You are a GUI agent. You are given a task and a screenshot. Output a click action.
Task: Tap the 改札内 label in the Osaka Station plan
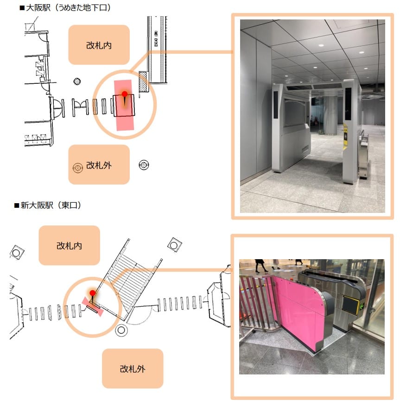[99, 45]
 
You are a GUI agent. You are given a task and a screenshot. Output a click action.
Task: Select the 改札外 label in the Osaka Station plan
[99, 165]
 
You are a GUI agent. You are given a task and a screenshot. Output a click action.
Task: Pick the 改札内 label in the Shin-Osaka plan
[69, 246]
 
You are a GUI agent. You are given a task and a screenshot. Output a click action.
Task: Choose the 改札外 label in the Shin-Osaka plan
[133, 369]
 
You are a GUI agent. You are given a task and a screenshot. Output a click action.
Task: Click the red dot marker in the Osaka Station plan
[125, 94]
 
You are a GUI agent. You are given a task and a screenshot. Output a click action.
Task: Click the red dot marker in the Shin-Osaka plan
[92, 293]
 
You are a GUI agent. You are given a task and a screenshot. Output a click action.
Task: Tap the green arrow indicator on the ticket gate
[362, 306]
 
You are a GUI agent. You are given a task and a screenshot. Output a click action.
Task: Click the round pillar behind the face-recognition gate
[330, 115]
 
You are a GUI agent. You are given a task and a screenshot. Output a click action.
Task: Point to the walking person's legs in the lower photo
[260, 266]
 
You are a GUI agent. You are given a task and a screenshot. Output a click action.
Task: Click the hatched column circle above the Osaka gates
[77, 81]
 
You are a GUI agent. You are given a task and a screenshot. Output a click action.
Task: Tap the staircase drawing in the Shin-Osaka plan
[129, 280]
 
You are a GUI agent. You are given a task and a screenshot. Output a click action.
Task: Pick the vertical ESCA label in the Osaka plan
[156, 38]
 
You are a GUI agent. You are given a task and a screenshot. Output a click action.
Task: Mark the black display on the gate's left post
[276, 105]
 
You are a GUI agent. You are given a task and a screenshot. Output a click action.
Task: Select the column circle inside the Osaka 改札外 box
[77, 168]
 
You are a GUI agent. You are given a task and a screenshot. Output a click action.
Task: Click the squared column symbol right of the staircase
[174, 244]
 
